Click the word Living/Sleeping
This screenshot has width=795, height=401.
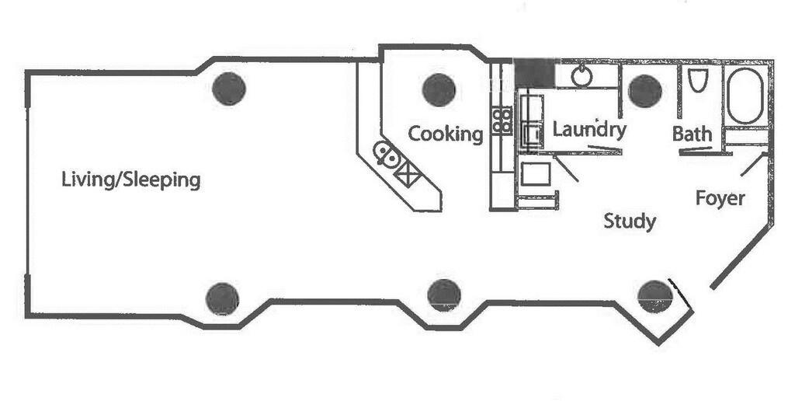(130, 180)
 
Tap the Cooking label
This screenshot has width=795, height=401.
(446, 134)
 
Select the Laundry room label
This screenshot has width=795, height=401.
(589, 130)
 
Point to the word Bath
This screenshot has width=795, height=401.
(692, 134)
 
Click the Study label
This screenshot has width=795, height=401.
(630, 221)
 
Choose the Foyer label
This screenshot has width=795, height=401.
(720, 198)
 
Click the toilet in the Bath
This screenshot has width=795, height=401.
(698, 80)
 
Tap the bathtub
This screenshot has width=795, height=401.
(745, 96)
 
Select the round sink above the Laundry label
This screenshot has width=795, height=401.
(581, 76)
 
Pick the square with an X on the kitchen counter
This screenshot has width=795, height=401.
(408, 176)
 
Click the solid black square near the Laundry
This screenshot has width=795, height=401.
(534, 74)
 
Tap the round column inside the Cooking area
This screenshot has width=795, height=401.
(439, 90)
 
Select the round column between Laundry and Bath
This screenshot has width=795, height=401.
(645, 91)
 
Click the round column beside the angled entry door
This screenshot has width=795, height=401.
(654, 296)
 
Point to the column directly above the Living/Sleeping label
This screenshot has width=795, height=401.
(229, 89)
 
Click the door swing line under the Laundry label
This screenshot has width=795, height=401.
(605, 149)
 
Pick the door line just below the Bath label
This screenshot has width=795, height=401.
(696, 149)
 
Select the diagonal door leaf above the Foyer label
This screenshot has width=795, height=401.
(753, 165)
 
